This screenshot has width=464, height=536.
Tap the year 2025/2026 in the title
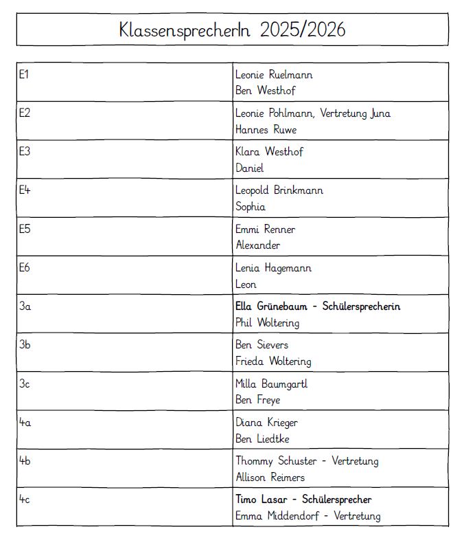pos(303,30)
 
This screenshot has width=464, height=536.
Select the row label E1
pos(23,74)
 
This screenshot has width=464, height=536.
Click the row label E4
pos(24,190)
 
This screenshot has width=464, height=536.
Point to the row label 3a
pos(24,306)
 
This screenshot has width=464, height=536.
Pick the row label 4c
pos(24,500)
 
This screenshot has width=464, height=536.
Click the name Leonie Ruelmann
pos(274,74)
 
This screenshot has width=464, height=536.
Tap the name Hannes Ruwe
pos(266,129)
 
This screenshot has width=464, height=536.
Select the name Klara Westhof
pos(269,152)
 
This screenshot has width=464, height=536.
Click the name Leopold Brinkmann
pos(279,190)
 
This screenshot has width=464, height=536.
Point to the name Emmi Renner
pos(266,229)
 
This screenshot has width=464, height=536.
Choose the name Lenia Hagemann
pos(273,268)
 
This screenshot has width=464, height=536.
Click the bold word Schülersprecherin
pos(361,306)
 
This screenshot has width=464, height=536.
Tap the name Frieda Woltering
pos(273,361)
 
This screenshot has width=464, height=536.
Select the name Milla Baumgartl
pos(272,383)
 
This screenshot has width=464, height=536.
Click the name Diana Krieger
pos(267,423)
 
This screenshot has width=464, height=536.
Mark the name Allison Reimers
pos(270,478)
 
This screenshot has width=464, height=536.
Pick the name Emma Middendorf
pos(276,516)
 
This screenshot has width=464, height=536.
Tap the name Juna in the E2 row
pos(380,113)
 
